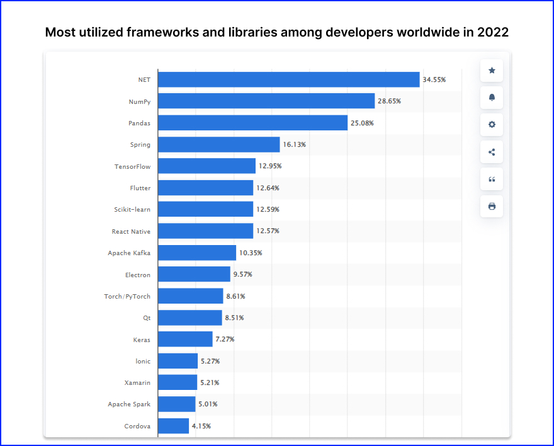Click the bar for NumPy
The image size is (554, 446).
[x=266, y=101]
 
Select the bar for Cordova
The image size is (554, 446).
[x=173, y=426]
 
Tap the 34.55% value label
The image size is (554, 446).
[x=434, y=79]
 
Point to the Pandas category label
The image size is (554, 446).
[x=140, y=123]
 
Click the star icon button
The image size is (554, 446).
[x=492, y=71]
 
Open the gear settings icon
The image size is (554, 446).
[x=492, y=125]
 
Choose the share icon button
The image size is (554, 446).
[x=492, y=152]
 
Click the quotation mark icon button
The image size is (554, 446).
[x=492, y=179]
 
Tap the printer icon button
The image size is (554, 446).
[x=492, y=206]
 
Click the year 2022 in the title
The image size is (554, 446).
[x=493, y=32]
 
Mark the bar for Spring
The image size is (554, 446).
[x=218, y=144]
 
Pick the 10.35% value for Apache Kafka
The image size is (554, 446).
[x=251, y=253]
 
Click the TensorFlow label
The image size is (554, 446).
[x=132, y=166]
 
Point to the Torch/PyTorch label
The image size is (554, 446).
[x=127, y=296]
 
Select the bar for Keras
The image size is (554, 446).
[x=185, y=339]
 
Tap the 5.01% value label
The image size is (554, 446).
[x=209, y=404]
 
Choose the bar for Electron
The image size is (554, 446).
[x=194, y=274]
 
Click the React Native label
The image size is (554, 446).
[x=131, y=231]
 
